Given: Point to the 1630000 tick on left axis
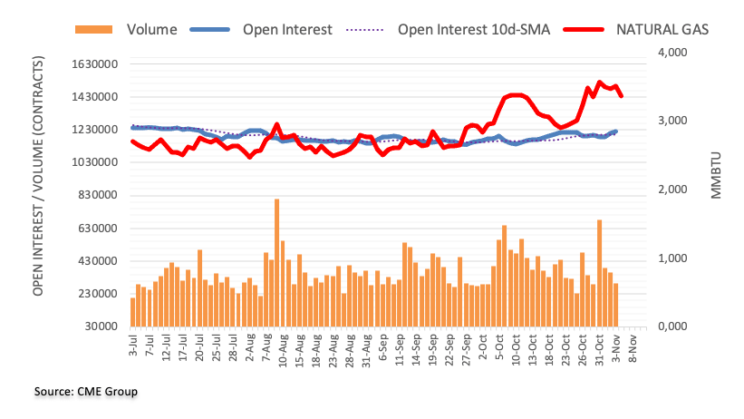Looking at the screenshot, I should coord(94,64).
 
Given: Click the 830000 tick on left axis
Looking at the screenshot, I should coord(98,196).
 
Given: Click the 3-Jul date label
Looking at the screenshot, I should coord(133,348).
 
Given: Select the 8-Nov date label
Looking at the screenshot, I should coord(635,348).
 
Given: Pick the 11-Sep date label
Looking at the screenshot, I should coord(399,350).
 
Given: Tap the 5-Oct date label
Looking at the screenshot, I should coord(500,348).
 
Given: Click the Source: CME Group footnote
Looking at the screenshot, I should coord(86,392).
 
